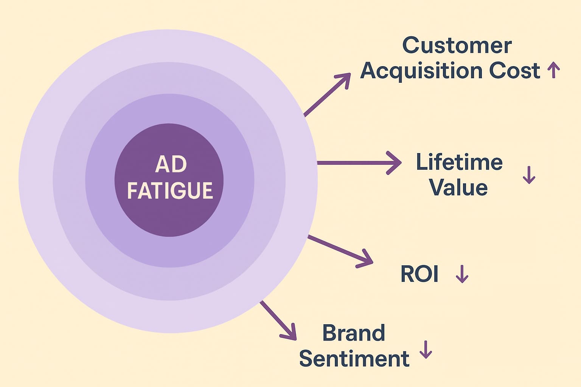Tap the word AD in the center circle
[171, 164]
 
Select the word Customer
[457, 46]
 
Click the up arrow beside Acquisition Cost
[554, 70]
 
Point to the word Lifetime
[459, 162]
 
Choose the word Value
[458, 187]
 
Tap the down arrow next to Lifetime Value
[529, 175]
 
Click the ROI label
[419, 274]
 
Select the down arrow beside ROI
[462, 274]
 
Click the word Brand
[354, 333]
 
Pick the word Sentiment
[354, 359]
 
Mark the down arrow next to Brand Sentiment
[426, 350]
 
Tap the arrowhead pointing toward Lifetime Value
[395, 163]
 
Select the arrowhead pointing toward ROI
[366, 260]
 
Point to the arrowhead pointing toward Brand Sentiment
[290, 333]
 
